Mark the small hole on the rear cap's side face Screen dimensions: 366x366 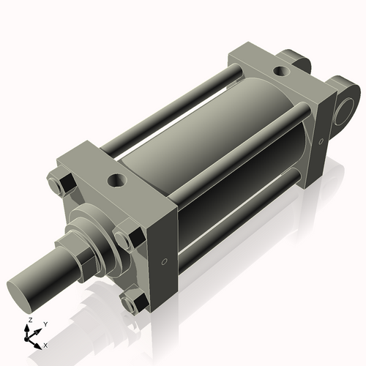(320, 141)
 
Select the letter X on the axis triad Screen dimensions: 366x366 (46, 344)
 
